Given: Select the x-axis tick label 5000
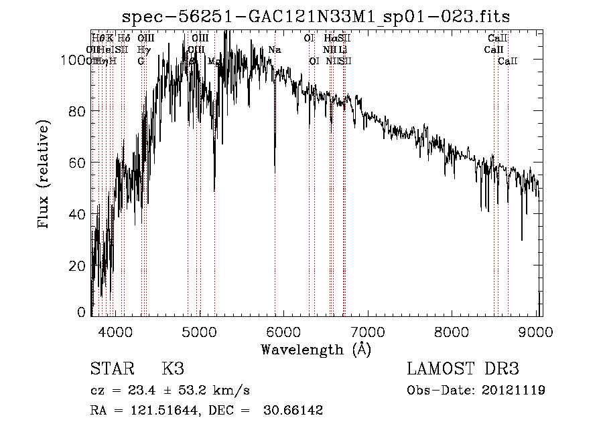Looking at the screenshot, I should click(x=200, y=331).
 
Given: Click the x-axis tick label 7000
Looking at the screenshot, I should click(x=368, y=331).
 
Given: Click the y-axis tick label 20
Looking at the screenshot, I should click(x=78, y=265).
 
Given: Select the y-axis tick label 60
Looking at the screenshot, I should click(x=78, y=162).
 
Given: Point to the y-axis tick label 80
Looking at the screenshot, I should click(x=78, y=111).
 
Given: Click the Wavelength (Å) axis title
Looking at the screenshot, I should click(x=316, y=349).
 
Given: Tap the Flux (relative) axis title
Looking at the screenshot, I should click(x=45, y=175).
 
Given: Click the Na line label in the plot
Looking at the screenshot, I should click(x=275, y=50).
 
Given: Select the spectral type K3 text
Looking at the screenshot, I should click(x=173, y=369).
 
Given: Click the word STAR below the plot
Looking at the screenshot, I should click(x=111, y=369).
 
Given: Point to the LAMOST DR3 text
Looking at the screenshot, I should click(x=463, y=369).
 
